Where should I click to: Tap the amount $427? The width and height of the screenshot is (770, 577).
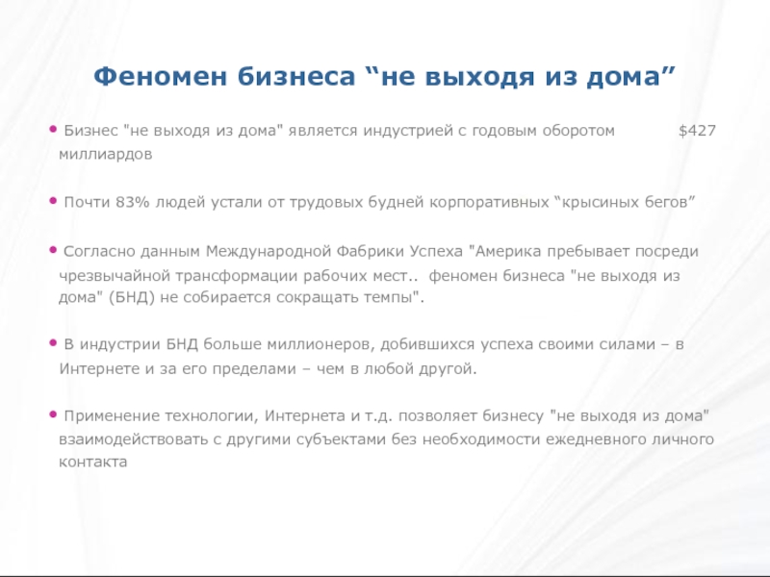point(697,130)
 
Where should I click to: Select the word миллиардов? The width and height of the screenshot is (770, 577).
point(104,154)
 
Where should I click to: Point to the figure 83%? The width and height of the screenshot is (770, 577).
point(131,203)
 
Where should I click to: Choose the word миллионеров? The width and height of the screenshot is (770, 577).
point(326,344)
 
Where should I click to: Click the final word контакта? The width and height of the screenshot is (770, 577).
point(92,463)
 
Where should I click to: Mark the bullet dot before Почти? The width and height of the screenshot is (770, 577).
point(53,201)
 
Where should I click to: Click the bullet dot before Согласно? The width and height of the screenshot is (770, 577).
point(53,249)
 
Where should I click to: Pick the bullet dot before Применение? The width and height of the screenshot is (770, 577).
point(53,413)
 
